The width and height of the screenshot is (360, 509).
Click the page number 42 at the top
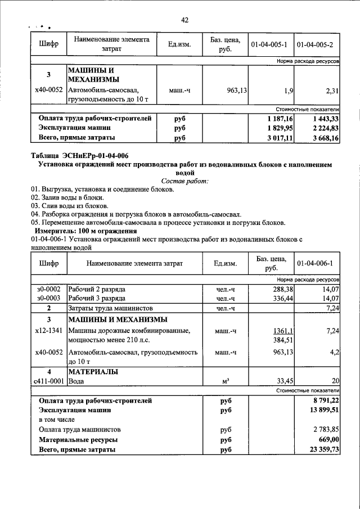[184, 20]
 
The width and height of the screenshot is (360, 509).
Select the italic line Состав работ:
[184, 181]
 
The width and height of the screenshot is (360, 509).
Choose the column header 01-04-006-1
[315, 263]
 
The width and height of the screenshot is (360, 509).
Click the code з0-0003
[49, 298]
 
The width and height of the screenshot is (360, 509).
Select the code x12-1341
[49, 331]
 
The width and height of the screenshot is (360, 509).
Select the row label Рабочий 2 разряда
[97, 289]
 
